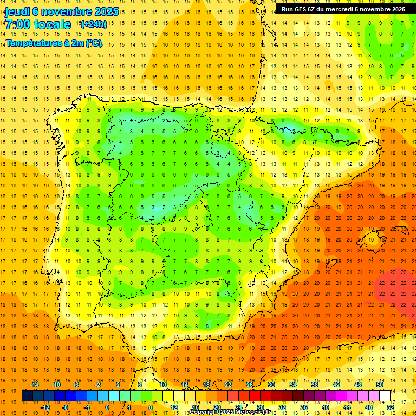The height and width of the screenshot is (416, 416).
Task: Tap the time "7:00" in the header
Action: [17, 24]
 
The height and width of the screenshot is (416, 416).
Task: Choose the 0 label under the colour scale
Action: [107, 407]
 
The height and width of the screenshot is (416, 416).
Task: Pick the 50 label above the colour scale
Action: [380, 385]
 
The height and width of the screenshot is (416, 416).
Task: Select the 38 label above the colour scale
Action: [315, 385]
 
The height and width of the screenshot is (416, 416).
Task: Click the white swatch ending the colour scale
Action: [385, 396]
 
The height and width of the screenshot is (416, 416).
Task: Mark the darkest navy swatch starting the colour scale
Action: [27, 396]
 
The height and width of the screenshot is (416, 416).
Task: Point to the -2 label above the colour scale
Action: [98, 385]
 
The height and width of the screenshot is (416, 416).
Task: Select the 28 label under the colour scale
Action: [260, 407]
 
